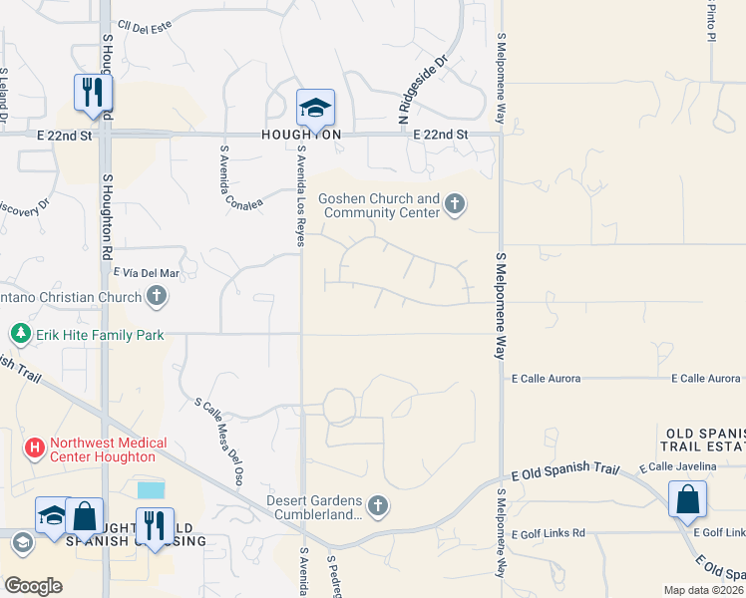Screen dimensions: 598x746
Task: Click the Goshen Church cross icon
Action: click(455, 205)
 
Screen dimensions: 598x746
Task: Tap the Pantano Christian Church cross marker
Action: click(156, 296)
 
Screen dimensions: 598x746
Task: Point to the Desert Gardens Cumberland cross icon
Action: click(377, 506)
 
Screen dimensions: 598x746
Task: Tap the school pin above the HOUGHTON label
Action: click(315, 108)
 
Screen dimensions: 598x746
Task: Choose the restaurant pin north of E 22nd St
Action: click(93, 93)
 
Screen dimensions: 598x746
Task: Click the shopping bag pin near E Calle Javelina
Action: click(687, 498)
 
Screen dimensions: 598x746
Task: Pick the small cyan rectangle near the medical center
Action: click(152, 489)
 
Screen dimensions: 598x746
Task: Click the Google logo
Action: click(33, 586)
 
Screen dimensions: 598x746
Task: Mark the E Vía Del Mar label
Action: click(146, 272)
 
